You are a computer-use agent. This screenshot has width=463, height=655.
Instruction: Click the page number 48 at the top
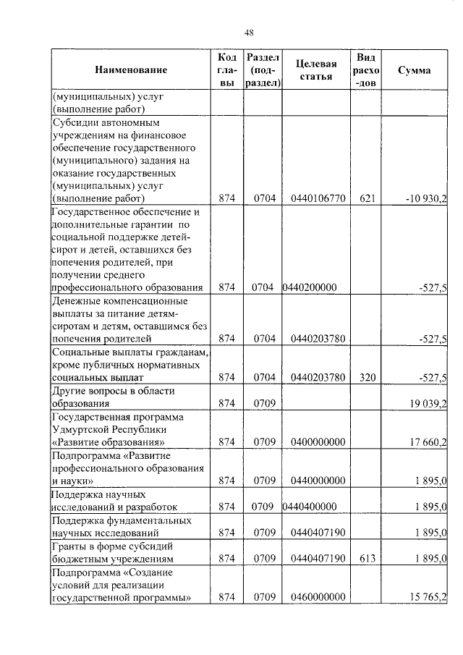coord(249,32)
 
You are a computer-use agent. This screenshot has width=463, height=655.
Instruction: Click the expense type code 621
coord(365,198)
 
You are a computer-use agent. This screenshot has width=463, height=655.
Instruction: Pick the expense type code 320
coord(365,377)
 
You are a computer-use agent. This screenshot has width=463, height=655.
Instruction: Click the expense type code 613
coord(365,559)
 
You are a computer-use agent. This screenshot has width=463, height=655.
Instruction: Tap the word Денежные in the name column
coord(78,300)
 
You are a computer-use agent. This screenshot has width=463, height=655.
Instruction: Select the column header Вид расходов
coord(365,70)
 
